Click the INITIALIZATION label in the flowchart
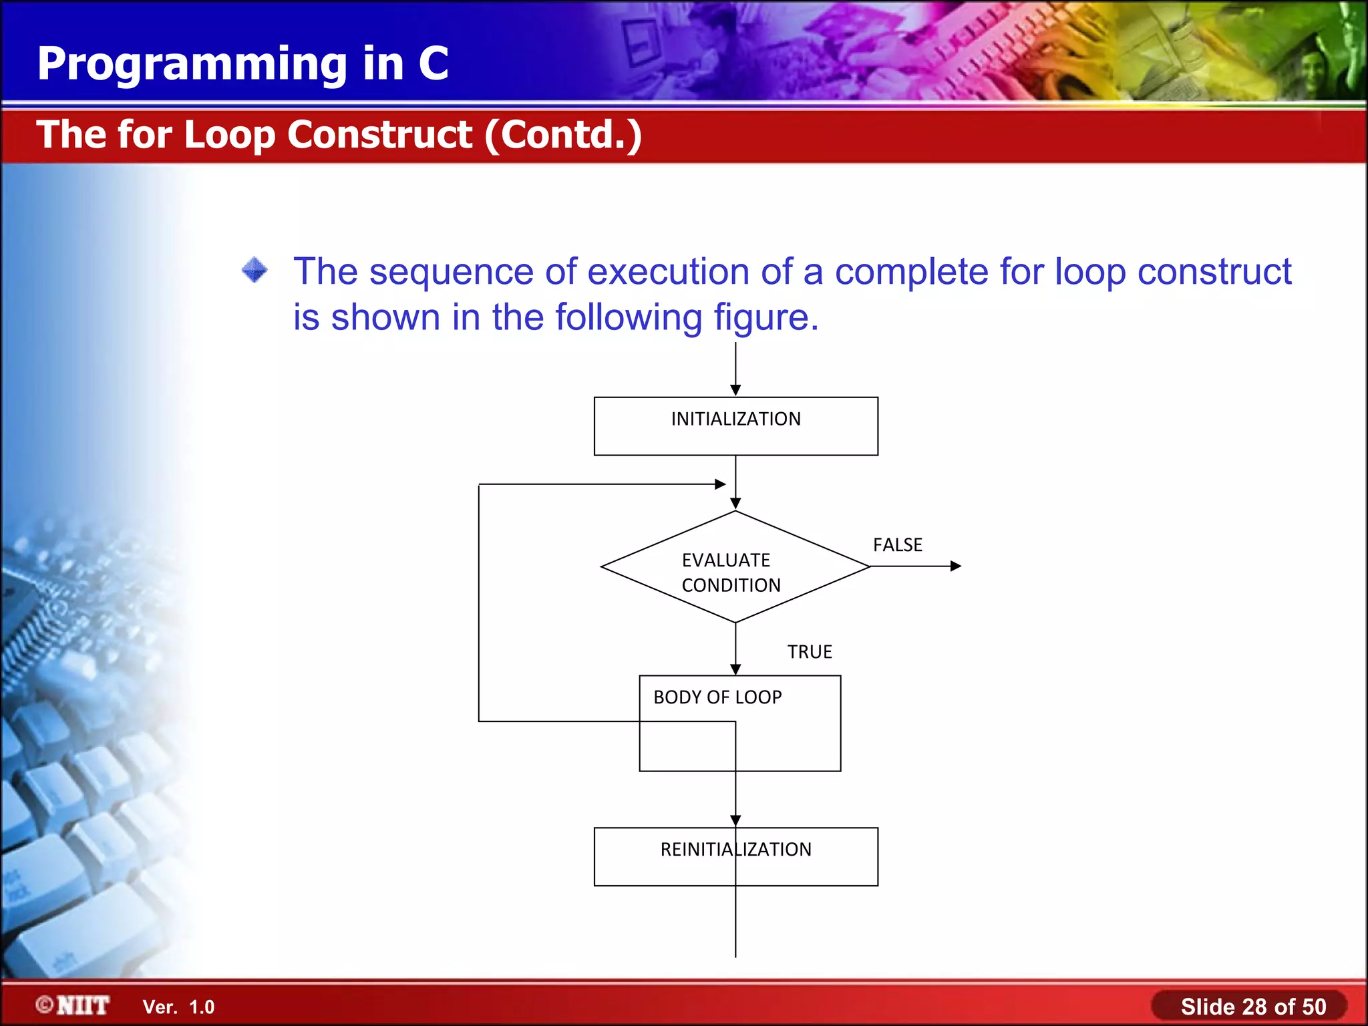[735, 419]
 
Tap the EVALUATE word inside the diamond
[725, 560]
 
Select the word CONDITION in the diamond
[731, 585]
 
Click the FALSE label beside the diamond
[897, 545]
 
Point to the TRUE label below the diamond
[809, 652]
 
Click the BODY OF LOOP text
[717, 697]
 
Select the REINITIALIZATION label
[735, 850]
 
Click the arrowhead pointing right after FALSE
[956, 566]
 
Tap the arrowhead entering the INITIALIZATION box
[735, 390]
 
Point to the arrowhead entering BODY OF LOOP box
[735, 669]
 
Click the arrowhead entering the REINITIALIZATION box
[735, 821]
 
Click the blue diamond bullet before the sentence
[254, 271]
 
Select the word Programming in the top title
[192, 64]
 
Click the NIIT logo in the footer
[73, 1005]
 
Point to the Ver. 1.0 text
[178, 1007]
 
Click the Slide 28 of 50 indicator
[1252, 1007]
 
